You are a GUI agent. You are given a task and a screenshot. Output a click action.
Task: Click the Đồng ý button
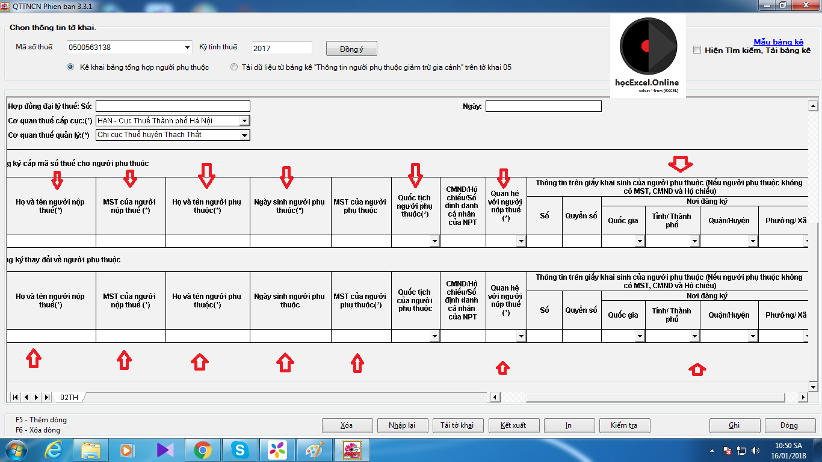click(351, 49)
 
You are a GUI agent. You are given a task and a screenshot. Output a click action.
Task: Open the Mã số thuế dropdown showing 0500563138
click(188, 48)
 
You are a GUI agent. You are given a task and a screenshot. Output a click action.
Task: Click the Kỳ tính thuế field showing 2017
click(281, 48)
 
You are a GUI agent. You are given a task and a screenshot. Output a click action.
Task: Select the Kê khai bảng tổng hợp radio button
click(71, 67)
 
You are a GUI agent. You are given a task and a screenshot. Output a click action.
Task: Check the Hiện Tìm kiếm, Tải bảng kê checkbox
click(697, 51)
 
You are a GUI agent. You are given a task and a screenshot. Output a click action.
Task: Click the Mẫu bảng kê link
click(778, 42)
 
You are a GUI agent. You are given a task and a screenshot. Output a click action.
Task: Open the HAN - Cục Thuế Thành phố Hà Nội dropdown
click(244, 121)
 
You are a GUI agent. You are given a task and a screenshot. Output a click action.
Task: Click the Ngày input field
click(543, 106)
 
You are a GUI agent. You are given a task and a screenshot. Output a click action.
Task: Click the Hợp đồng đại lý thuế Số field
click(172, 106)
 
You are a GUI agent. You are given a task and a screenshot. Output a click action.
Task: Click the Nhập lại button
click(402, 425)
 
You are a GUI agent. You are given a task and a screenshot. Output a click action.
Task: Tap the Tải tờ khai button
click(457, 425)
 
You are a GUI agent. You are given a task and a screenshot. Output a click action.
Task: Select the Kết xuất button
click(513, 425)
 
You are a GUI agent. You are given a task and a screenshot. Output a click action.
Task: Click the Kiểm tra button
click(624, 425)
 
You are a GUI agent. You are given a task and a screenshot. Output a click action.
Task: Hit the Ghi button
click(734, 425)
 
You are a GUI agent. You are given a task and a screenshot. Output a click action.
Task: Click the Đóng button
click(789, 425)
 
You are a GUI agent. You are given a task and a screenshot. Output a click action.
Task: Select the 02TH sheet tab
click(69, 397)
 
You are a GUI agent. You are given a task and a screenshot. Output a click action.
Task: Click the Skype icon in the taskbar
click(240, 450)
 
